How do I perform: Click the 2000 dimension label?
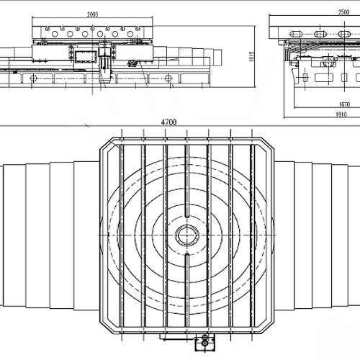pos(92,14)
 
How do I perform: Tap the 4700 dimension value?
pos(168,122)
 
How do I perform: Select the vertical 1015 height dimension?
pos(251,57)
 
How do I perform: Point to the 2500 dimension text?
pos(343,12)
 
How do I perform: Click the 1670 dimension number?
pos(344,104)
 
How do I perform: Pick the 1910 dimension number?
pos(341,114)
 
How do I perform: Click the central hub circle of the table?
pos(187,235)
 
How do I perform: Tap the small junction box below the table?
pos(204,342)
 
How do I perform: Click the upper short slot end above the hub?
pos(187,215)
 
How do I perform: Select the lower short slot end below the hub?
pos(187,255)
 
